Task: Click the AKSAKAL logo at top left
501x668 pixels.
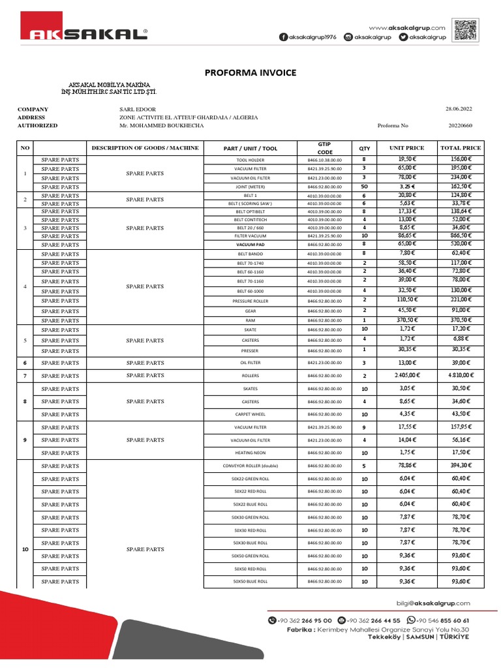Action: tap(83, 33)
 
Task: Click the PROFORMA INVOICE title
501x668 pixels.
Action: tap(250, 72)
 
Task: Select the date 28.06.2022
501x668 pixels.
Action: tap(458, 110)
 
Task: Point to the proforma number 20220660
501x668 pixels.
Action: tap(461, 126)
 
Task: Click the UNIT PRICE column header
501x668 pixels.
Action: tap(406, 148)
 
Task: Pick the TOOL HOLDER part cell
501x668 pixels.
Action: tap(250, 160)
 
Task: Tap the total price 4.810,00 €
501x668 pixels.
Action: tap(461, 376)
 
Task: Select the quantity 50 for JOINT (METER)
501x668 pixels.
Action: tap(363, 187)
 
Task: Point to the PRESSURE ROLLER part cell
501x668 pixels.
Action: tap(250, 301)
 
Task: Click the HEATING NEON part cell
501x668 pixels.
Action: tap(250, 453)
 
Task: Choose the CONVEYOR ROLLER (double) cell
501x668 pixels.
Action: tap(250, 466)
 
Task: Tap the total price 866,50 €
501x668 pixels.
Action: tap(461, 235)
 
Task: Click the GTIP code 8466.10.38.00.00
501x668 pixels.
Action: tap(325, 160)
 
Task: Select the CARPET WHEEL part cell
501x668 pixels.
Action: tap(250, 414)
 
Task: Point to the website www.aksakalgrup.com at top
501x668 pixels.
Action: tap(407, 27)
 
